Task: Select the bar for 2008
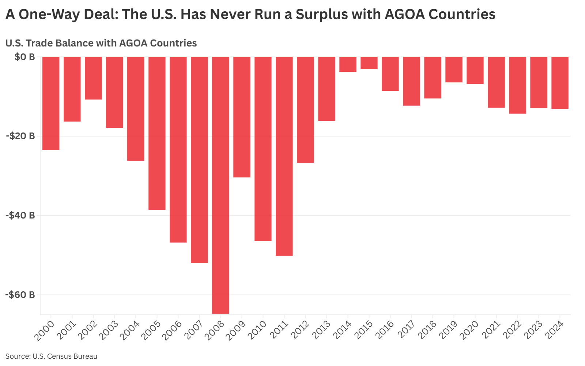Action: [220, 185]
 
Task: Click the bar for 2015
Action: [369, 63]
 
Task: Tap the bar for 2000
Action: [51, 103]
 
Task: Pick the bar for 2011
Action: [284, 156]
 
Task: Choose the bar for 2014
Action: [348, 64]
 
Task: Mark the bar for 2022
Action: [517, 85]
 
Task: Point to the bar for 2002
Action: [93, 78]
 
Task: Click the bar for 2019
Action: [454, 70]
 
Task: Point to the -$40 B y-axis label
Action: [20, 215]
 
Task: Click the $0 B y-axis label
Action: [25, 57]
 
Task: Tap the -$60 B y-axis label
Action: [20, 295]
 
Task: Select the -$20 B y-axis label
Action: [20, 136]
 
